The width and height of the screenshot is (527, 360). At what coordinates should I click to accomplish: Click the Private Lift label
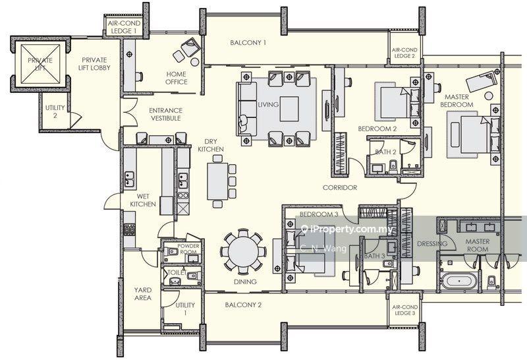click(40, 64)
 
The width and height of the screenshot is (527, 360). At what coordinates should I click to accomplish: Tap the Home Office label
click(177, 78)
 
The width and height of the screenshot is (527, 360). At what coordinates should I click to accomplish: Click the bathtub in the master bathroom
click(458, 281)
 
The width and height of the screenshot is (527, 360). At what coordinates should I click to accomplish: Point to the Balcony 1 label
click(248, 43)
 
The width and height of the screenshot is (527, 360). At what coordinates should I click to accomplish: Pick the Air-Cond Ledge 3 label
click(405, 310)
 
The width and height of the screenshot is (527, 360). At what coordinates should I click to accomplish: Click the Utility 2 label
click(55, 111)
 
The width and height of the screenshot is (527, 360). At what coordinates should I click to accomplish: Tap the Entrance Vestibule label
click(166, 114)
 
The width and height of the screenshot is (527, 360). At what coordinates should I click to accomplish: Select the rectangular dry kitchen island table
click(218, 181)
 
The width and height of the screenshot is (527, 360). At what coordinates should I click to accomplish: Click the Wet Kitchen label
click(143, 200)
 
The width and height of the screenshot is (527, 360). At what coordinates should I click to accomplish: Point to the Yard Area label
click(142, 293)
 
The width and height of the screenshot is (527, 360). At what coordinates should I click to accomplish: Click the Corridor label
click(340, 187)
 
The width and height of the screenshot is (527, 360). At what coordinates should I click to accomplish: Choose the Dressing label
click(432, 243)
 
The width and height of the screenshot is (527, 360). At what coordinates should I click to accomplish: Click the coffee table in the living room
click(289, 109)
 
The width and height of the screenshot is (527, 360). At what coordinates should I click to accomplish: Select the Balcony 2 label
click(243, 305)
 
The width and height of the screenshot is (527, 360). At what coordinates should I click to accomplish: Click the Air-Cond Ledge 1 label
click(124, 27)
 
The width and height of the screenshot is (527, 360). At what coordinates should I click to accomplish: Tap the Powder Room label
click(188, 249)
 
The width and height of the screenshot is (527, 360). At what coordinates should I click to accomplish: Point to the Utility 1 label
click(185, 309)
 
